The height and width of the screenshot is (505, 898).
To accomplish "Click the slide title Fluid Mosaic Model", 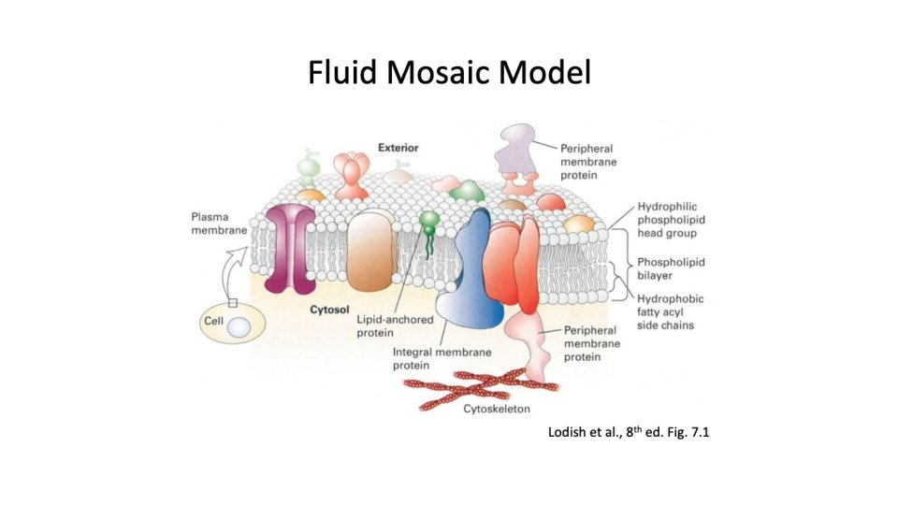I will tap(449, 72).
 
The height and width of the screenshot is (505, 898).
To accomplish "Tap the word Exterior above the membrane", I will tap(398, 147).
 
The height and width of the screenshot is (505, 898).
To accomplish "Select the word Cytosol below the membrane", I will tap(329, 307).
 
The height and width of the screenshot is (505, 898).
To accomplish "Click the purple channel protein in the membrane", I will tap(289, 248).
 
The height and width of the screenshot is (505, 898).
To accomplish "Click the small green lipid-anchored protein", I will tap(429, 229).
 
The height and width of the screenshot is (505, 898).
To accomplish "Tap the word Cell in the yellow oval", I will tap(211, 321).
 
